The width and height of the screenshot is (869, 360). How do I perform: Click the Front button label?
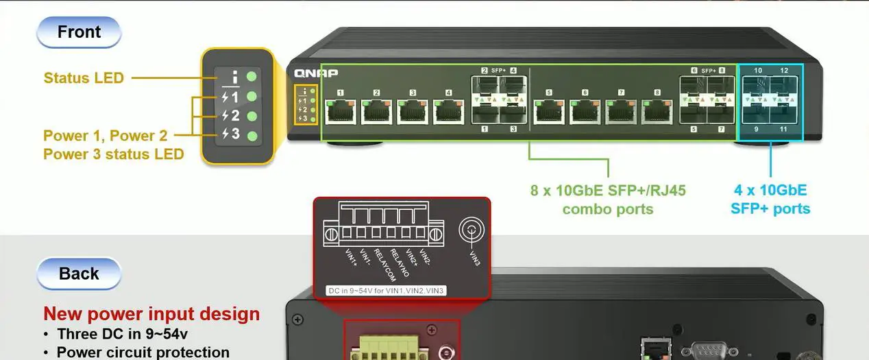point(79,32)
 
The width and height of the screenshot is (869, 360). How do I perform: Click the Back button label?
point(79,274)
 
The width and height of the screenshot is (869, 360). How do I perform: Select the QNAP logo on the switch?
point(316,73)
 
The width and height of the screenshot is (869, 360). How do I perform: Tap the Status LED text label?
point(84,78)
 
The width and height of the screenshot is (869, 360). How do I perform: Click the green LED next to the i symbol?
point(252,77)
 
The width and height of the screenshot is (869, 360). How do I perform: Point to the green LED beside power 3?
point(252,135)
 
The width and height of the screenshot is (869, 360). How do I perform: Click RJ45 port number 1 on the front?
point(341,111)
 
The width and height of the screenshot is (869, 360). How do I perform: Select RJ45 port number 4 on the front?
point(449,111)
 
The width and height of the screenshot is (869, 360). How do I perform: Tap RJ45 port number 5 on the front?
point(549,111)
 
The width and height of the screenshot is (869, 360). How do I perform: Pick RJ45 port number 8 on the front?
point(657,111)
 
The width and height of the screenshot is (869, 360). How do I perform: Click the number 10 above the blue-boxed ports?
point(758,71)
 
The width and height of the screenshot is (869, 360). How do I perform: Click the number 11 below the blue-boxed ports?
point(784,129)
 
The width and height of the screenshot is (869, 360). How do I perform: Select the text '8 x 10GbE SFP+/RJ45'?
point(608,191)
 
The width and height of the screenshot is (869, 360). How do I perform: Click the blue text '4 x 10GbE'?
point(770,191)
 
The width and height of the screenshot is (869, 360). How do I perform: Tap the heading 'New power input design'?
point(151,315)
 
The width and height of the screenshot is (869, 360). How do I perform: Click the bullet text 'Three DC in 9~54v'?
point(122,335)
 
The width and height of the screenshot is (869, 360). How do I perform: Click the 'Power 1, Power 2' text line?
point(105,136)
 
